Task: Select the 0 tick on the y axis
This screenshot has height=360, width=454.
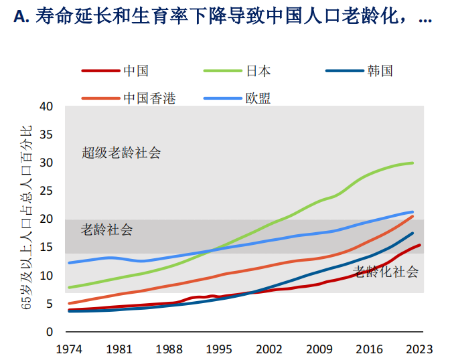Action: pyautogui.click(x=49, y=332)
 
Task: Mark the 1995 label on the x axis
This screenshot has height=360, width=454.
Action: pyautogui.click(x=218, y=349)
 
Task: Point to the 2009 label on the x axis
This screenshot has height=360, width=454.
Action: pyautogui.click(x=319, y=349)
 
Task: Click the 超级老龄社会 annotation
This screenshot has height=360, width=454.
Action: pyautogui.click(x=121, y=153)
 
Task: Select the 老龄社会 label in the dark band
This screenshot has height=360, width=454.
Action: pyautogui.click(x=106, y=230)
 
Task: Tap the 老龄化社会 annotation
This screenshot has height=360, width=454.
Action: pyautogui.click(x=386, y=272)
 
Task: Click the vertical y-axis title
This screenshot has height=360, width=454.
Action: pyautogui.click(x=27, y=218)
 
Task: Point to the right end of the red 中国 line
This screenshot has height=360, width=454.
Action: pyautogui.click(x=420, y=245)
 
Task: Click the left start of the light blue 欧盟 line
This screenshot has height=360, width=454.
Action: pyautogui.click(x=69, y=262)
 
